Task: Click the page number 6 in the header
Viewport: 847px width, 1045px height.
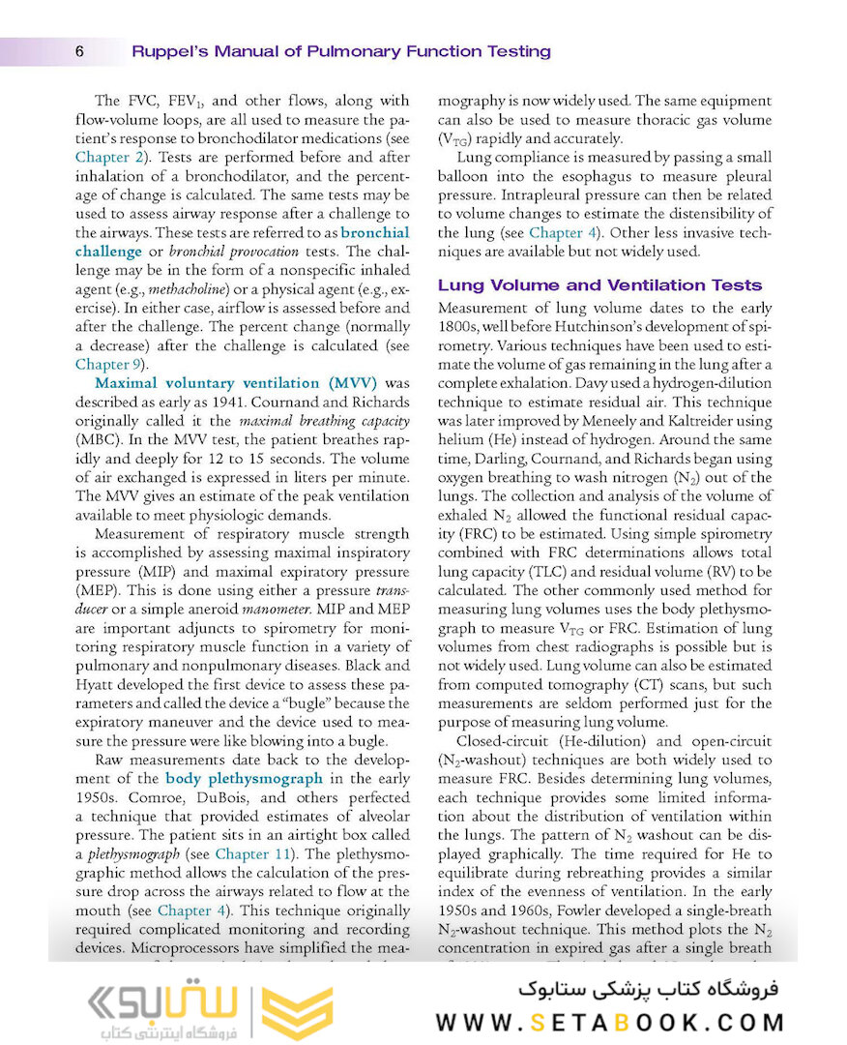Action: [x=78, y=51]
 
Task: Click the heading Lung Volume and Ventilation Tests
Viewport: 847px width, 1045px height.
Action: [x=599, y=285]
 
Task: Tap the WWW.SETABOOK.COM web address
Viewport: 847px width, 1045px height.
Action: [x=608, y=1022]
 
